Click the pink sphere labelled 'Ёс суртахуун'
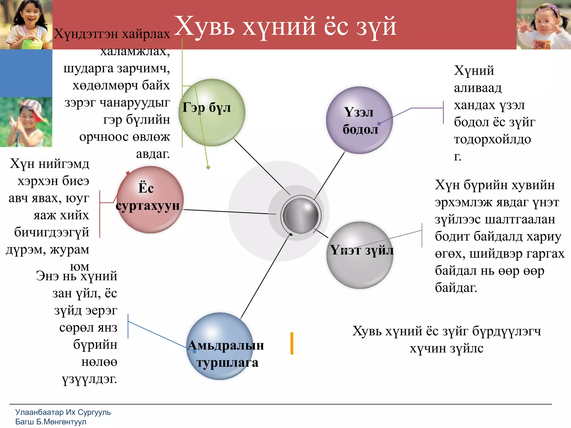point(150,200)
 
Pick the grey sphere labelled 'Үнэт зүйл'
point(360,255)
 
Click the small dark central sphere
point(301,215)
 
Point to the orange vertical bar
point(292,343)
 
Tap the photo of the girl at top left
point(26,25)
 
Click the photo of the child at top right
point(544,25)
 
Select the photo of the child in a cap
point(26,122)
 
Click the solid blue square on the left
point(26,73)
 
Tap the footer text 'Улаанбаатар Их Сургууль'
point(63,412)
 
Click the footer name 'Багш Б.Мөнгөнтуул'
point(51,422)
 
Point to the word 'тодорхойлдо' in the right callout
point(492,139)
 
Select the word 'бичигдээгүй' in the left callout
point(52,232)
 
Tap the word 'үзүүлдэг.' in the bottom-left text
point(89,379)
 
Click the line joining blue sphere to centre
point(265,276)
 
